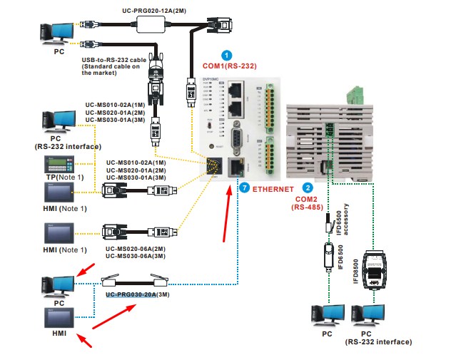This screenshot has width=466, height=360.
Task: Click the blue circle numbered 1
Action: [x=227, y=55]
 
